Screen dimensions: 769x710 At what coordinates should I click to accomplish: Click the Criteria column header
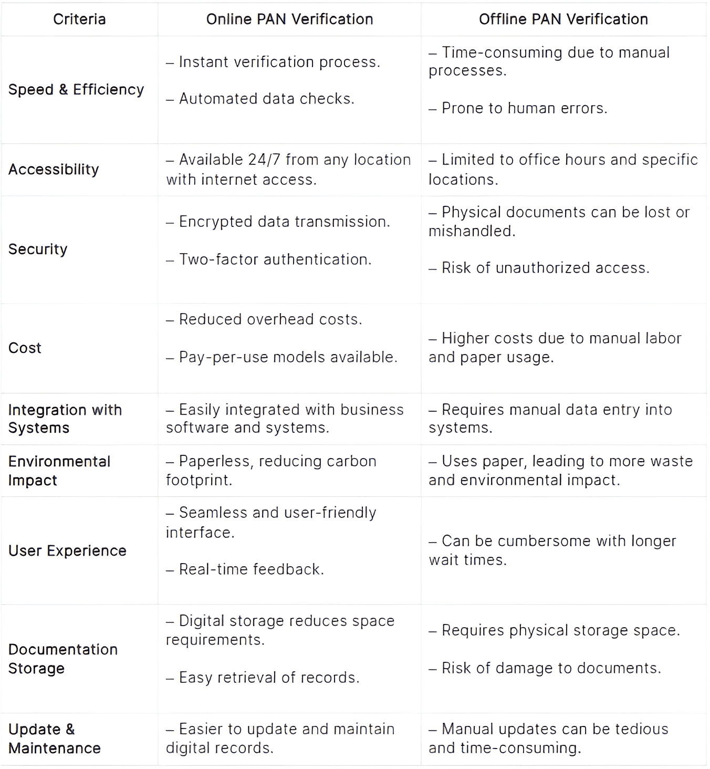[x=79, y=19]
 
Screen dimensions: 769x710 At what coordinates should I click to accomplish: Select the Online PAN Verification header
[x=289, y=19]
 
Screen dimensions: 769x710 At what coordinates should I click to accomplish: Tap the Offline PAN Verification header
[x=563, y=19]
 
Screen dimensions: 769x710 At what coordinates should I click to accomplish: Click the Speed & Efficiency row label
[x=76, y=90]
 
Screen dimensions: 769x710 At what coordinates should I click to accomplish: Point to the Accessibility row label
[x=54, y=170]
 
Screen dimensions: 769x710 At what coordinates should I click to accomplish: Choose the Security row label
[x=38, y=250]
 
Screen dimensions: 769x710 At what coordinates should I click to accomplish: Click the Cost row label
[x=25, y=348]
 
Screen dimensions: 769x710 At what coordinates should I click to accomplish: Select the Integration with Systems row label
[x=65, y=419]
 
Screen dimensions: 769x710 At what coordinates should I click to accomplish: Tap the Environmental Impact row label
[x=59, y=471]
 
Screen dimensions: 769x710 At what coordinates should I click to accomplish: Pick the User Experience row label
[x=67, y=551]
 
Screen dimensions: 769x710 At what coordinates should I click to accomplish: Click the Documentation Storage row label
[x=62, y=659]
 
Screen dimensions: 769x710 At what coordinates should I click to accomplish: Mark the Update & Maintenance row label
[x=54, y=739]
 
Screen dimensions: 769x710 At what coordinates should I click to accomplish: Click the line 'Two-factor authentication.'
[x=275, y=259]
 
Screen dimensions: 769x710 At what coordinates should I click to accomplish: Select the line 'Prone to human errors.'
[x=524, y=108]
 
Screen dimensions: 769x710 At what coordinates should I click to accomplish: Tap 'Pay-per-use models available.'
[x=288, y=357]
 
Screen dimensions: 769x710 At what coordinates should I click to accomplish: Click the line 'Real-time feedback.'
[x=251, y=569]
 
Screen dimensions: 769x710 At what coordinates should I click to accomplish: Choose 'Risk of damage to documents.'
[x=550, y=668]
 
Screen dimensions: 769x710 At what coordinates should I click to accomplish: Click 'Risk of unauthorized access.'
[x=545, y=268]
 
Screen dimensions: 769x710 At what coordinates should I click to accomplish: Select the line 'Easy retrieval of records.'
[x=269, y=678]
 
